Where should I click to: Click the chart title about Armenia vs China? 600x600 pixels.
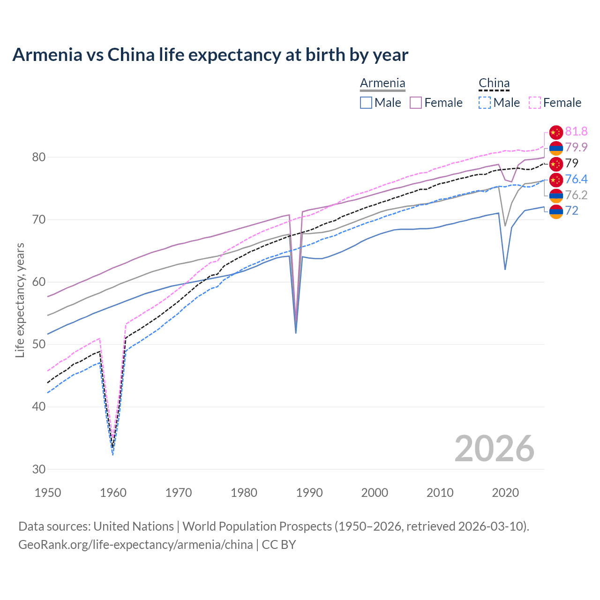tap(210, 55)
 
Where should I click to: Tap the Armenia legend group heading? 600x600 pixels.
tap(382, 83)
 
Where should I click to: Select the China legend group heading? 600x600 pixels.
tap(494, 83)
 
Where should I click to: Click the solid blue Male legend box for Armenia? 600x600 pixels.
tap(366, 103)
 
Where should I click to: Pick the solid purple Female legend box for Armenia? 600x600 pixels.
tap(416, 103)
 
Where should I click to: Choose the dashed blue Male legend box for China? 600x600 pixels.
tap(485, 103)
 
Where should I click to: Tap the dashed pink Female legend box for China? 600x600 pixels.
tap(535, 103)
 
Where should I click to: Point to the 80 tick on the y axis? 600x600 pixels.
tap(39, 157)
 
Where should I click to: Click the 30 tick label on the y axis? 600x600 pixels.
tap(39, 469)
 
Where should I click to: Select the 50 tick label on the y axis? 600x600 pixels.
tap(39, 344)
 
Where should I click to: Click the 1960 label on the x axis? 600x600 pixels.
tap(113, 493)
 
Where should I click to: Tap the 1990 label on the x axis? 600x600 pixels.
tap(309, 493)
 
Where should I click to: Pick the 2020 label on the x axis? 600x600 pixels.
tap(505, 493)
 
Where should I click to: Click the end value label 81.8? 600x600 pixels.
tap(576, 132)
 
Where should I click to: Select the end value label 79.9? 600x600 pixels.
tap(576, 148)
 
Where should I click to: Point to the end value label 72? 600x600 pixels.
tap(571, 211)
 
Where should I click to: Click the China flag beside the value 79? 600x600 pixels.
tap(556, 164)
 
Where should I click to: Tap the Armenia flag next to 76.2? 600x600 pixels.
tap(556, 195)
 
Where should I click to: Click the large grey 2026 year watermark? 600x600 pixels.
tap(494, 449)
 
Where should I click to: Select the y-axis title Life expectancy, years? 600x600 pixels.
tap(20, 300)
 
